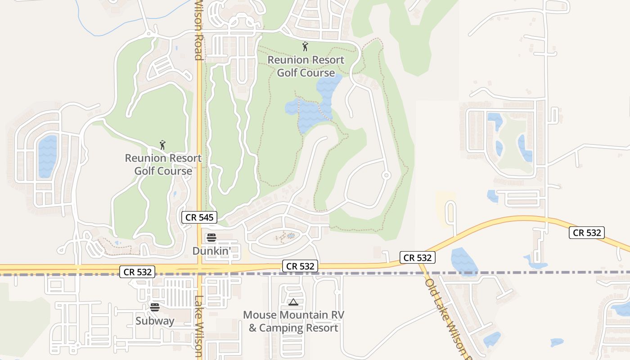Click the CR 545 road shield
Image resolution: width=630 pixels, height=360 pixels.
[x=200, y=217]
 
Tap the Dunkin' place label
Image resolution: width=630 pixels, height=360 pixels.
[x=211, y=251]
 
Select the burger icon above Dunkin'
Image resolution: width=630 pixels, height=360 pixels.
[x=211, y=238]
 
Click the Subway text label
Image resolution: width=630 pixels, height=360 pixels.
[x=155, y=321]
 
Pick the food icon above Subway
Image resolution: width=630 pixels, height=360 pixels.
[x=155, y=307]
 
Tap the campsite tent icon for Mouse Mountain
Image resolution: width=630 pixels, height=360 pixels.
[x=293, y=302]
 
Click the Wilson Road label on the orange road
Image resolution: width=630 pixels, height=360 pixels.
[x=198, y=30]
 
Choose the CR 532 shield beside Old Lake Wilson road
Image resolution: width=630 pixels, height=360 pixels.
[x=418, y=258]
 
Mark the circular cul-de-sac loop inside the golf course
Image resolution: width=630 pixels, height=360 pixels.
[x=386, y=175]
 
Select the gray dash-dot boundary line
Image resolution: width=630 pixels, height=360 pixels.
[x=360, y=273]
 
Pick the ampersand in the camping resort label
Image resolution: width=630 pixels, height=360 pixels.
[x=252, y=328]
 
